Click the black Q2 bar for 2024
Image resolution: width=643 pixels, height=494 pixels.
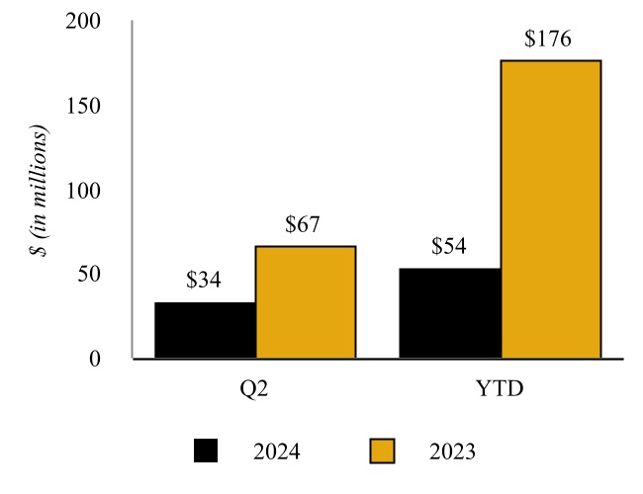tap(205, 330)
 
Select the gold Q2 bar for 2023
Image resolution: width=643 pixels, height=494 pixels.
tap(305, 302)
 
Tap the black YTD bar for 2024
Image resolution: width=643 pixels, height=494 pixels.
tap(450, 313)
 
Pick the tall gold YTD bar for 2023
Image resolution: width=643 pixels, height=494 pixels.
tap(550, 209)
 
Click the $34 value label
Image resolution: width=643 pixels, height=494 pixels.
tap(205, 281)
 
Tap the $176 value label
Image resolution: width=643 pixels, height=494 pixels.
tap(548, 41)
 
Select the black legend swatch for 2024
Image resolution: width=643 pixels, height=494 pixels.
tap(206, 452)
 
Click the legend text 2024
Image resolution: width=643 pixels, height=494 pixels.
tap(276, 453)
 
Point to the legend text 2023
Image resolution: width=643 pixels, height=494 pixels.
tap(453, 453)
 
